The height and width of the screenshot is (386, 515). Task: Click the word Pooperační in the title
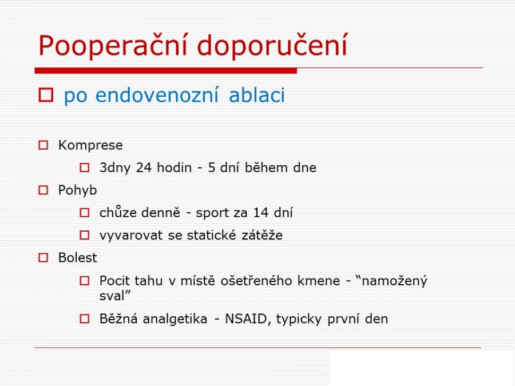pos(113,45)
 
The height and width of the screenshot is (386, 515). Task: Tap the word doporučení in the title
pos(272,45)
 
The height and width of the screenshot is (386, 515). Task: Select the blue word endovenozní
pos(157,95)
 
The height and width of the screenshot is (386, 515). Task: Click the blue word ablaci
pos(257,95)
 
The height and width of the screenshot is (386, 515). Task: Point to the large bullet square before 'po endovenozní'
pos(46,95)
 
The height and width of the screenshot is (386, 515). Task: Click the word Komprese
pos(90,145)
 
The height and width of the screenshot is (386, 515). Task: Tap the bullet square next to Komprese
pos(43,145)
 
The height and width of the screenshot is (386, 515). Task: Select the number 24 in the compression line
pos(144,168)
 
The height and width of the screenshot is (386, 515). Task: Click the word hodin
pos(174,168)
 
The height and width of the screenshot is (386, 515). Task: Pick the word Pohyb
pos(77,190)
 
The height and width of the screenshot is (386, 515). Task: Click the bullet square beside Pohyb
pos(43,190)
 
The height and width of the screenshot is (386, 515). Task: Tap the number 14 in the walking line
pos(261,213)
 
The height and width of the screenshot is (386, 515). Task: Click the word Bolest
pos(77,258)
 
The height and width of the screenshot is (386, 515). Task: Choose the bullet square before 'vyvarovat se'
pos(85,235)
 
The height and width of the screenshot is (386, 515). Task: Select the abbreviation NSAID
pos(246,319)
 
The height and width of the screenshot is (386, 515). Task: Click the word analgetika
pos(175,319)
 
